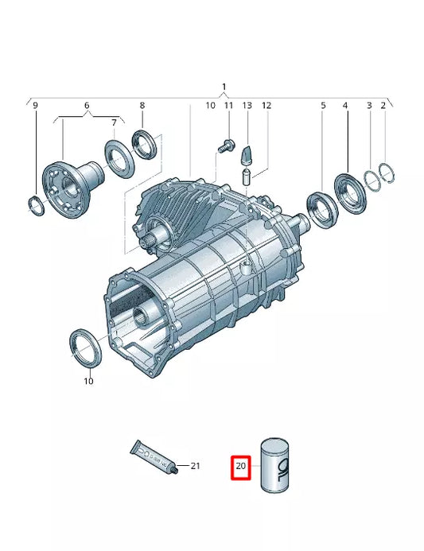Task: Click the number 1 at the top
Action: pos(224,86)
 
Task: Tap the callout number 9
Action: pos(33,105)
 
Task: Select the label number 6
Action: pos(86,105)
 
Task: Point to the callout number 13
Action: pos(247,105)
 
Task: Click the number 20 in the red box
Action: pos(242,467)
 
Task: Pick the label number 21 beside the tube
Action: pos(196,465)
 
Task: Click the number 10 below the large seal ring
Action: pos(88,381)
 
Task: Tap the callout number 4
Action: pos(345,105)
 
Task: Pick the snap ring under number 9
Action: pos(35,205)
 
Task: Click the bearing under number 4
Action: pos(348,191)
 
